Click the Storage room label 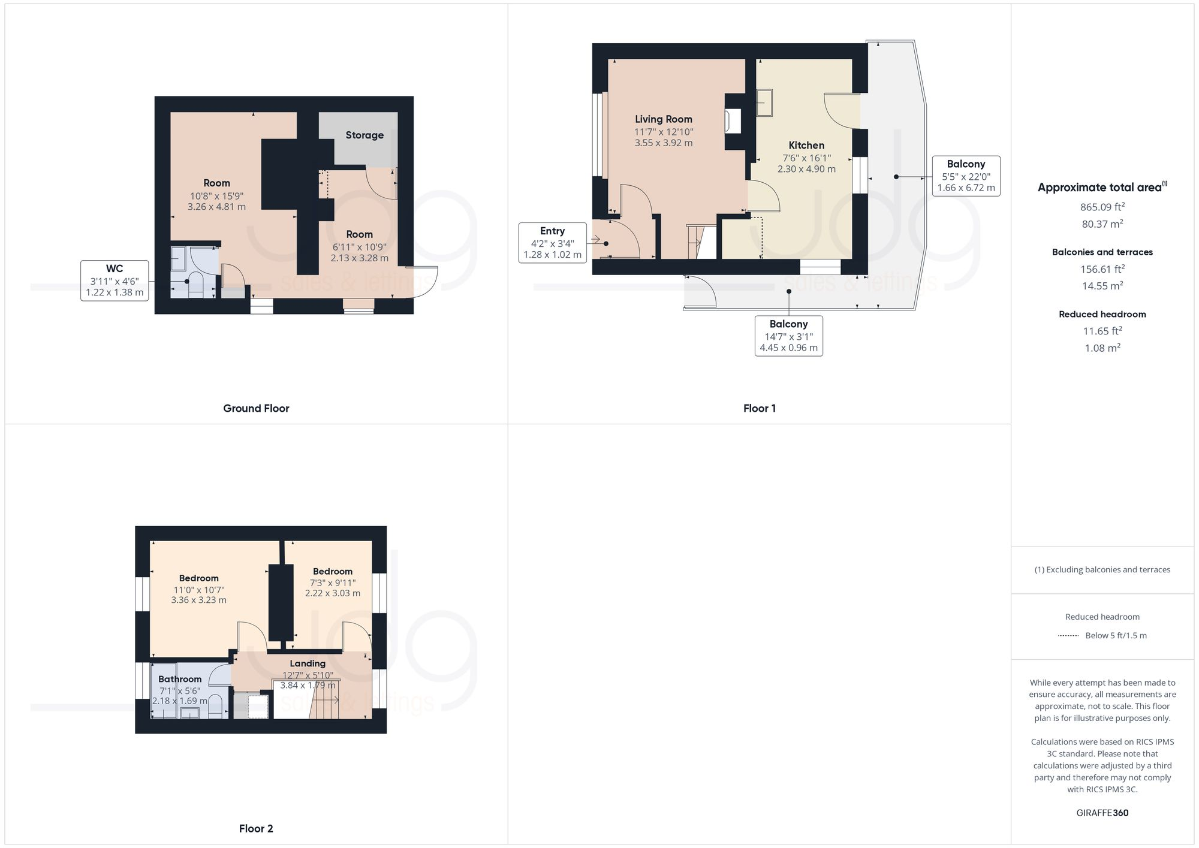pos(364,135)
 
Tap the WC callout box pos(115,280)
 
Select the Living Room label pos(663,119)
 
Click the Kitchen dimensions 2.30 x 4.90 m pos(806,169)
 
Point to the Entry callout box pos(552,243)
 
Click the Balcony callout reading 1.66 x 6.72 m pos(966,176)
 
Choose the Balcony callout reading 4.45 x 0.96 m pos(788,336)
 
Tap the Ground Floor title pos(256,409)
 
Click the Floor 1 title pos(759,409)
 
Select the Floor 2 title pos(256,829)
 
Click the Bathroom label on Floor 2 pos(180,679)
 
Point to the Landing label pos(308,663)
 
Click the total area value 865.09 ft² pos(1102,207)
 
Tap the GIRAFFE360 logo pos(1102,813)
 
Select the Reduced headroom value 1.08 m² pos(1102,348)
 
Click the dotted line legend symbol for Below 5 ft pos(1068,636)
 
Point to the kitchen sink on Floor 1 pos(764,102)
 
